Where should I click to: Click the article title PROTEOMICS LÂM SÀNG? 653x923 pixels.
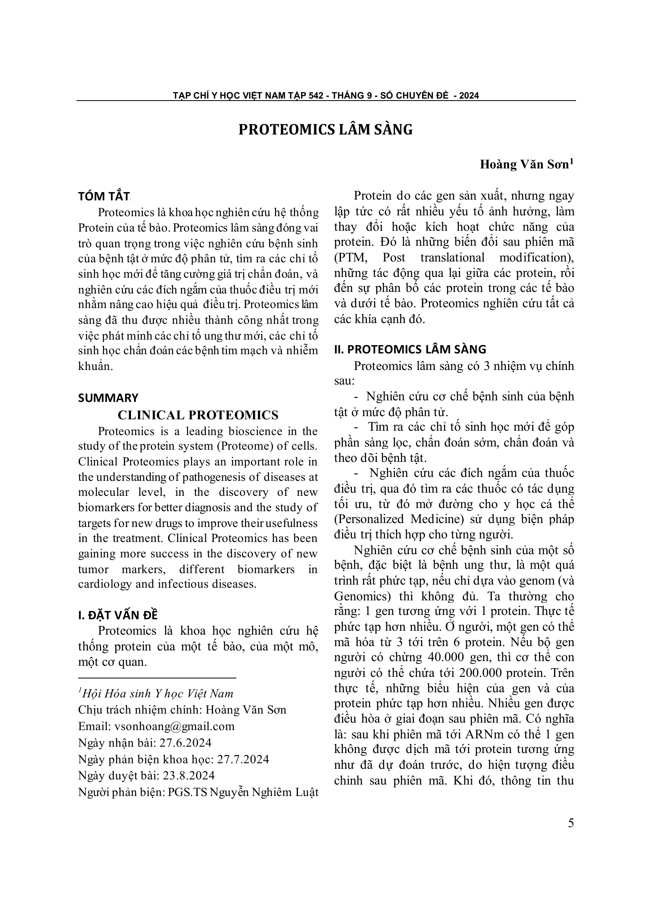tap(326, 129)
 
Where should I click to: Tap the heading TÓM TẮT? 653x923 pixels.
tap(103, 196)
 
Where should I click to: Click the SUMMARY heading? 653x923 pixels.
tap(108, 398)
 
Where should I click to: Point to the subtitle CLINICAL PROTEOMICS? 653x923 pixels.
tap(198, 415)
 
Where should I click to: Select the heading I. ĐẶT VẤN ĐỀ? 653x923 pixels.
tap(118, 615)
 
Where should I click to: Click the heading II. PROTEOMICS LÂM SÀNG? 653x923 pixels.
tap(410, 349)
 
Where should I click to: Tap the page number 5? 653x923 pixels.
tap(571, 823)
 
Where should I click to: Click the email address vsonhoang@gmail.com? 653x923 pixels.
tap(174, 726)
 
